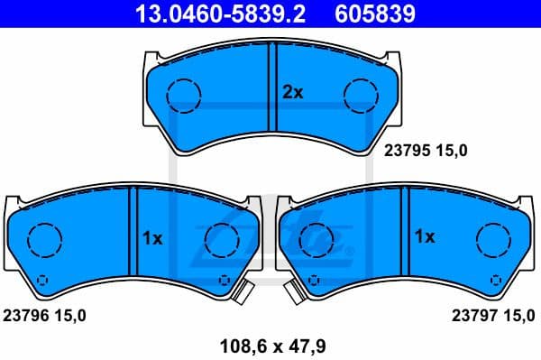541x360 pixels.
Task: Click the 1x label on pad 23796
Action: [x=152, y=238]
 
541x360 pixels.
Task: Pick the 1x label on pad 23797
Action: [x=425, y=238]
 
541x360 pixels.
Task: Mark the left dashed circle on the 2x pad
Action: [x=185, y=94]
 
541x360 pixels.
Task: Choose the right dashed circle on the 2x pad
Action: [x=361, y=94]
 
